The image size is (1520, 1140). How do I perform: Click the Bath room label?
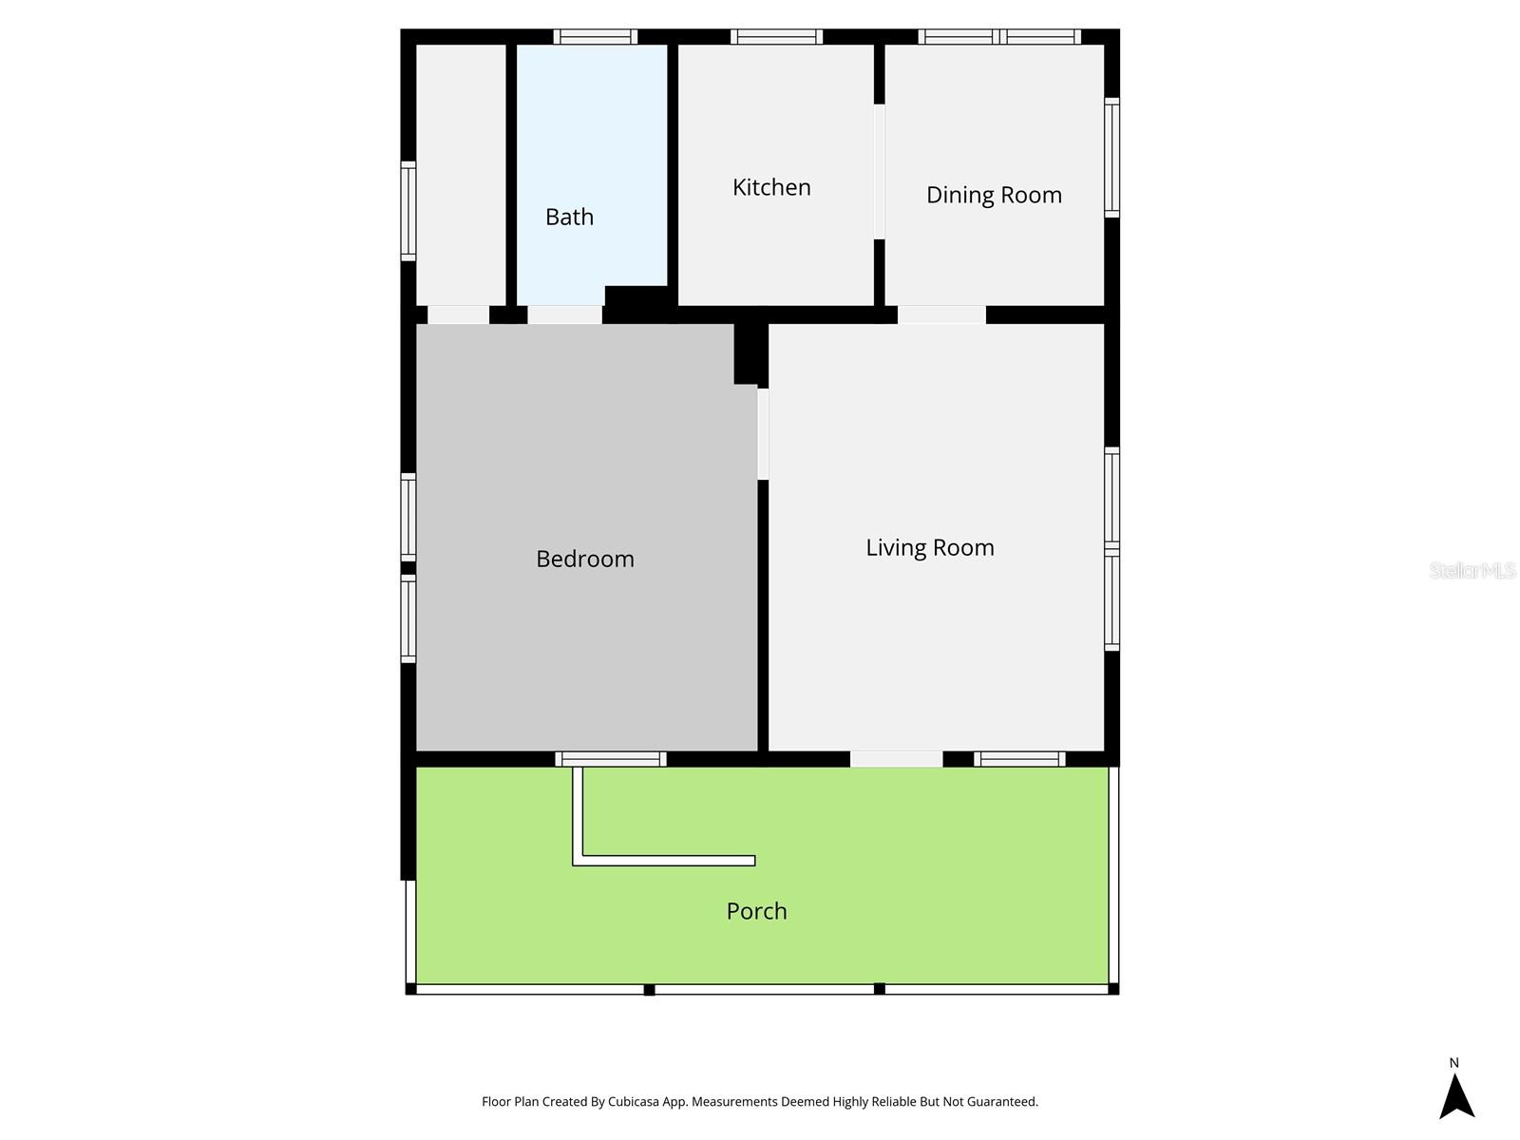click(569, 218)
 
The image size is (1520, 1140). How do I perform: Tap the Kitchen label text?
click(771, 187)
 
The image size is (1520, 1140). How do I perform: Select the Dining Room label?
click(994, 195)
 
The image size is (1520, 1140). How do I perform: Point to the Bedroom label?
click(584, 559)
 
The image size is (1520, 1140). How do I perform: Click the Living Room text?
click(929, 547)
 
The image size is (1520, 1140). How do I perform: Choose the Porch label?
click(756, 911)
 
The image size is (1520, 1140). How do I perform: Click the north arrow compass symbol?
click(1455, 1095)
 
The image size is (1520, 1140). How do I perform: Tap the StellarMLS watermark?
click(1472, 570)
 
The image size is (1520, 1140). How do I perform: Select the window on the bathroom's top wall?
click(596, 37)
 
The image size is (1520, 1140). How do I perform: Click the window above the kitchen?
click(776, 37)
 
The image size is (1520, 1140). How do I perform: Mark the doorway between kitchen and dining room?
click(879, 171)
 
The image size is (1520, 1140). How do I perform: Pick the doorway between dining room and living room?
click(940, 314)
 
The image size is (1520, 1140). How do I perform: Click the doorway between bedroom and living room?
click(763, 434)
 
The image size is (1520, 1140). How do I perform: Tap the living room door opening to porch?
click(896, 759)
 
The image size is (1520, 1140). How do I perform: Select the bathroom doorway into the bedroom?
click(564, 314)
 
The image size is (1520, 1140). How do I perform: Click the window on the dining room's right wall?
click(1111, 158)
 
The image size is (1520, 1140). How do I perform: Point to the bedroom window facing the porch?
click(611, 759)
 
